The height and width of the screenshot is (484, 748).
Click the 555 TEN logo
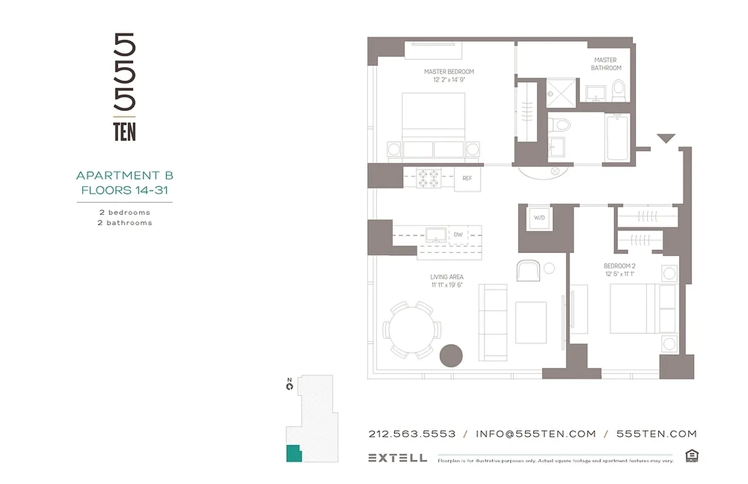pos(125,87)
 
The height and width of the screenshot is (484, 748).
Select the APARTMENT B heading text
pos(125,175)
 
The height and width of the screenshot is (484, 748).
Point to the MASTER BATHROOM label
pos(605,64)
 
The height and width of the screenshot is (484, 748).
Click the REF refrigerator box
pos(467,178)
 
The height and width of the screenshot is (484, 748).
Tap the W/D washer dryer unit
pos(538,217)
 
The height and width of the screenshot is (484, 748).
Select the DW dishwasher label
pos(458,234)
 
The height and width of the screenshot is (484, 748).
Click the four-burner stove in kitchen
pos(428,178)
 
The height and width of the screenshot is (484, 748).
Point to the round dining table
pos(410,330)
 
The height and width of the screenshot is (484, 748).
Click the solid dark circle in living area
pos(451,355)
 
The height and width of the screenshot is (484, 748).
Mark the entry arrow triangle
pos(666,139)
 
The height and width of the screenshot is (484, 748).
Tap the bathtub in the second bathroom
pos(617,138)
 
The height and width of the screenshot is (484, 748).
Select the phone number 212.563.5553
pos(412,434)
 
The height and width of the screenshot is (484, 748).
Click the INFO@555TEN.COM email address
pos(536,434)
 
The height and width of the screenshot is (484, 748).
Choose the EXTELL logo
pos(397,458)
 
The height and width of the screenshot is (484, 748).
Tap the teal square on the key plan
pos(293,453)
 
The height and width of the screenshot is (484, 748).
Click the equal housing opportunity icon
pos(691,456)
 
